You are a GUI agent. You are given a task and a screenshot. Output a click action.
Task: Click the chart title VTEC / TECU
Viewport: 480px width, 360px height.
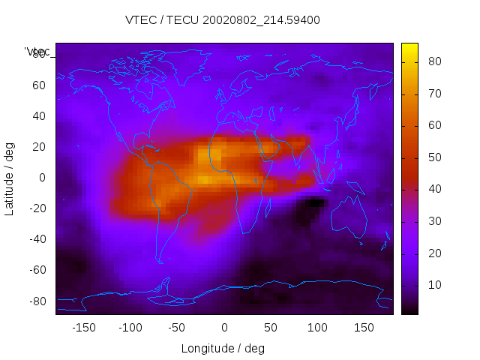point(223,20)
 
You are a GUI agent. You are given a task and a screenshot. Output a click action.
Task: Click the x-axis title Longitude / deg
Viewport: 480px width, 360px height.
point(223,348)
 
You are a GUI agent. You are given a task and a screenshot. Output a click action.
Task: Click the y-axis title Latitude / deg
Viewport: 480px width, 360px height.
point(10,178)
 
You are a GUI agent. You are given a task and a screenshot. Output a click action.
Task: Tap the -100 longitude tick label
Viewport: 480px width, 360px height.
point(130,328)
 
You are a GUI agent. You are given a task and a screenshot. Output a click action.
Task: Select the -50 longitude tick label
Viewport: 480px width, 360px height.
point(177,328)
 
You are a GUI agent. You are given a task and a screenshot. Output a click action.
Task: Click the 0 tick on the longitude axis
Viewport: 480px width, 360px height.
point(223,328)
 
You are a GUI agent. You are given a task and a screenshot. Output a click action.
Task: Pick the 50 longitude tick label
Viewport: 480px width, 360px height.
point(270,328)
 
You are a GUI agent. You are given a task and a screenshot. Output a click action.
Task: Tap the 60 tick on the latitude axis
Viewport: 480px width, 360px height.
point(38,85)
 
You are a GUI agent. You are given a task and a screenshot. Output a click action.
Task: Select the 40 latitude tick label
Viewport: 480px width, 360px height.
point(38,115)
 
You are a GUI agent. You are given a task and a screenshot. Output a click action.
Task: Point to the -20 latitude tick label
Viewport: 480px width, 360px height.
point(37,208)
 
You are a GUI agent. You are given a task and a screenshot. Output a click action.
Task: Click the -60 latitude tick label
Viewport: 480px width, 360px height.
point(37,270)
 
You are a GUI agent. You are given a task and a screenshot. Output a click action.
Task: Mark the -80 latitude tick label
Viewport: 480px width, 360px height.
point(37,301)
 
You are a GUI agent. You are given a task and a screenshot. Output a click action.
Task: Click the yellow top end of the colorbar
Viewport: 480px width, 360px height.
point(409,47)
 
